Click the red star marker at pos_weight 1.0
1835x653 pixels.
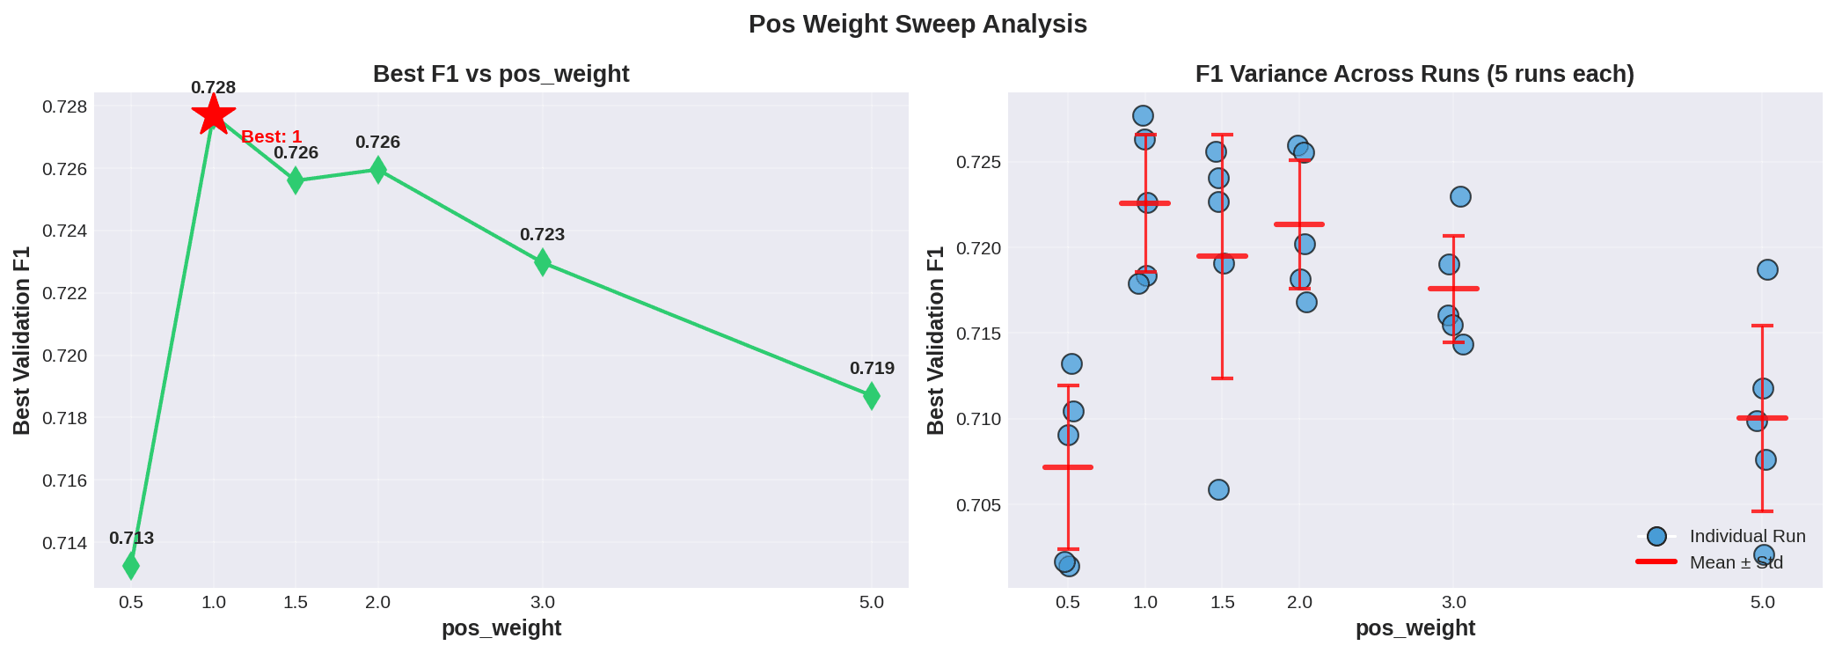click(213, 114)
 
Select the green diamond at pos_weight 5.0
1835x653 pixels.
click(871, 396)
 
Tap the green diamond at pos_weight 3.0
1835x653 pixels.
click(542, 262)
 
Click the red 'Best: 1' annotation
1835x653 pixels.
click(271, 136)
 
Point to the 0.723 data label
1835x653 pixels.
click(542, 235)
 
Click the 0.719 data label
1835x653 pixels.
click(872, 369)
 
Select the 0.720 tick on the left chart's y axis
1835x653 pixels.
click(65, 356)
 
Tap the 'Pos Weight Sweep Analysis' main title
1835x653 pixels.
click(917, 25)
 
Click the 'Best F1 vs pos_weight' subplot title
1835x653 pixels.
click(501, 74)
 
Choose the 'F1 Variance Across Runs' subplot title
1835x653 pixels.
click(1414, 74)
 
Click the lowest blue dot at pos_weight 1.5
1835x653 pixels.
click(1218, 489)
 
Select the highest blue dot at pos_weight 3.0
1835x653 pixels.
click(1460, 196)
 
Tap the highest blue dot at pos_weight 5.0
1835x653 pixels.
click(1767, 269)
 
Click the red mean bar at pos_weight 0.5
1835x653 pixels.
click(1068, 467)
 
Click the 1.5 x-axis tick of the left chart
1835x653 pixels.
click(296, 603)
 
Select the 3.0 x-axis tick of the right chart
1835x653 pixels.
click(1454, 603)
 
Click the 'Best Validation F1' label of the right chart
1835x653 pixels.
click(936, 340)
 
